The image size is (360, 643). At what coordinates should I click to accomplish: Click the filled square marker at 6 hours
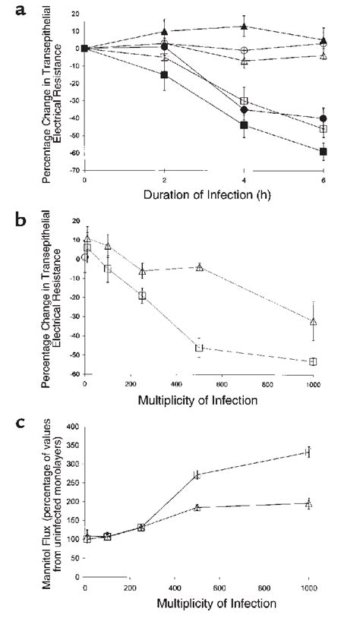(x=324, y=152)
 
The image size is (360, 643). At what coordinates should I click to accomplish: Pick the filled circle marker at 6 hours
(x=324, y=118)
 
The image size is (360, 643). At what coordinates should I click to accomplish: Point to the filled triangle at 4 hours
(x=243, y=27)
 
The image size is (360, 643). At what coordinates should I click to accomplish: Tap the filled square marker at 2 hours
(x=164, y=74)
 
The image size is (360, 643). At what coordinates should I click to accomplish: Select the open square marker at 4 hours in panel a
(x=243, y=101)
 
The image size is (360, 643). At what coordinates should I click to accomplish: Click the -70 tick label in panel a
(x=74, y=171)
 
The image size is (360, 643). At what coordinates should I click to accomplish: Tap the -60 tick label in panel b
(x=74, y=374)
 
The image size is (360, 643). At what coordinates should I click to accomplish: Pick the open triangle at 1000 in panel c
(x=308, y=525)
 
